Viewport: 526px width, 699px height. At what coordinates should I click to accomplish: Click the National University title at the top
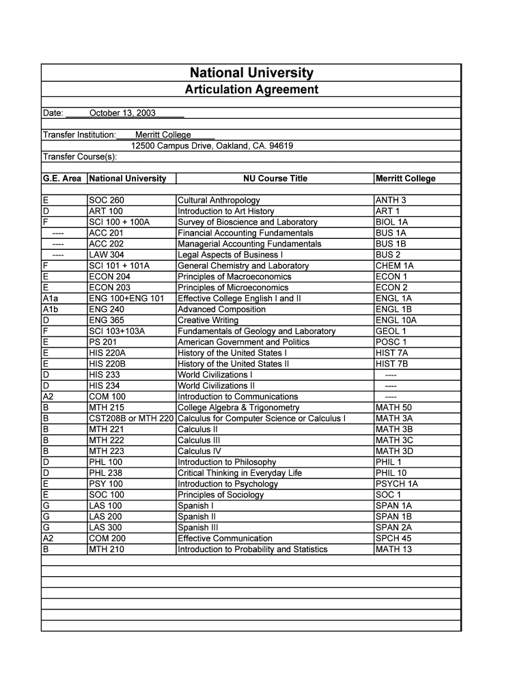tap(251, 73)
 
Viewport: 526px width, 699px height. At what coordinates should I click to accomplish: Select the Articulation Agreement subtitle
tap(251, 89)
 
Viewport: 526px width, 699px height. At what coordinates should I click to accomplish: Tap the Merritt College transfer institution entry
tap(163, 134)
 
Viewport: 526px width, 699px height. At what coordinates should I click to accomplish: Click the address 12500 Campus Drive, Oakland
tap(212, 145)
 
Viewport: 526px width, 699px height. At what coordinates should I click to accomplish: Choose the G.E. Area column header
tap(62, 178)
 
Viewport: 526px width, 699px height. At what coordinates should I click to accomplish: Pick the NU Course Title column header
tap(275, 178)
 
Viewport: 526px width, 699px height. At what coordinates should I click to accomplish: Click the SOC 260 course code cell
tap(107, 200)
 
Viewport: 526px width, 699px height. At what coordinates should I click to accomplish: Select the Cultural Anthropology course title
tap(219, 200)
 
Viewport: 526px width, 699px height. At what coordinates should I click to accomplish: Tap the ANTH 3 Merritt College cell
tap(391, 200)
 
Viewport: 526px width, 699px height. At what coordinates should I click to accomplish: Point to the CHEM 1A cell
tap(393, 266)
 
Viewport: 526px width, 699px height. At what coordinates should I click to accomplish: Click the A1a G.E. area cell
tap(51, 298)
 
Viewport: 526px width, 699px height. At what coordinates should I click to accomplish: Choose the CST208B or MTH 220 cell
tap(131, 418)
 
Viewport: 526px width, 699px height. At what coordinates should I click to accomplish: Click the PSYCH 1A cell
tap(396, 484)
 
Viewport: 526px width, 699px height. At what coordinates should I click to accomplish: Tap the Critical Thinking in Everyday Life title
tap(239, 473)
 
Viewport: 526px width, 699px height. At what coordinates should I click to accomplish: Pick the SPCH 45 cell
tap(393, 539)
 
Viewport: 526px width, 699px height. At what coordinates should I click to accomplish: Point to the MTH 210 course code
tap(107, 550)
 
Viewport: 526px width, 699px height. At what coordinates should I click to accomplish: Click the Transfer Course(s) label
tap(80, 156)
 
